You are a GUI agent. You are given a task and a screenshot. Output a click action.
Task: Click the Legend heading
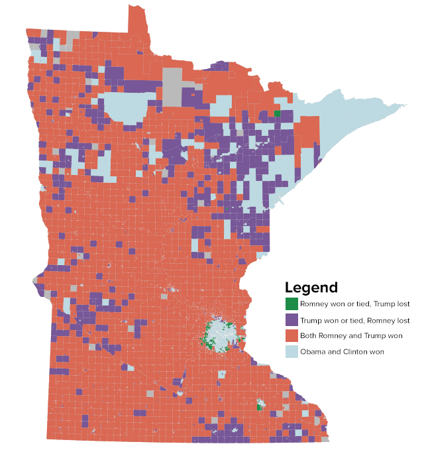pyautogui.click(x=311, y=288)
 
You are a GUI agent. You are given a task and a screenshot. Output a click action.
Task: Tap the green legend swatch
pyautogui.click(x=291, y=304)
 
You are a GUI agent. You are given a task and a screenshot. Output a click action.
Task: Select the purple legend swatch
pyautogui.click(x=291, y=320)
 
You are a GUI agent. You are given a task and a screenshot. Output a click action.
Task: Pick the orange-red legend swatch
pyautogui.click(x=291, y=335)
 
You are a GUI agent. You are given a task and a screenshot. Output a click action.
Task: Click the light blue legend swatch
pyautogui.click(x=291, y=351)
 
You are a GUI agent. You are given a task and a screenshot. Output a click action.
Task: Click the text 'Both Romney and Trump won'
pyautogui.click(x=346, y=336)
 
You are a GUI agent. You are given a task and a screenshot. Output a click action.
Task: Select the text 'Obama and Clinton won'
pyautogui.click(x=342, y=352)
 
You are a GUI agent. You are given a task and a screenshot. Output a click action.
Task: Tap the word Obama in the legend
pyautogui.click(x=312, y=352)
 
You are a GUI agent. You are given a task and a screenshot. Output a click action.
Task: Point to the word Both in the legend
pyautogui.click(x=308, y=336)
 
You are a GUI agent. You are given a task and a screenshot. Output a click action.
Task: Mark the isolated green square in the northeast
pyautogui.click(x=277, y=114)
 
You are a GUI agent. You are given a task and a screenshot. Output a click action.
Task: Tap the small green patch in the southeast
pyautogui.click(x=259, y=405)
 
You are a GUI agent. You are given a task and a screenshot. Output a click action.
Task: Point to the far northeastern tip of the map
pyautogui.click(x=405, y=105)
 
